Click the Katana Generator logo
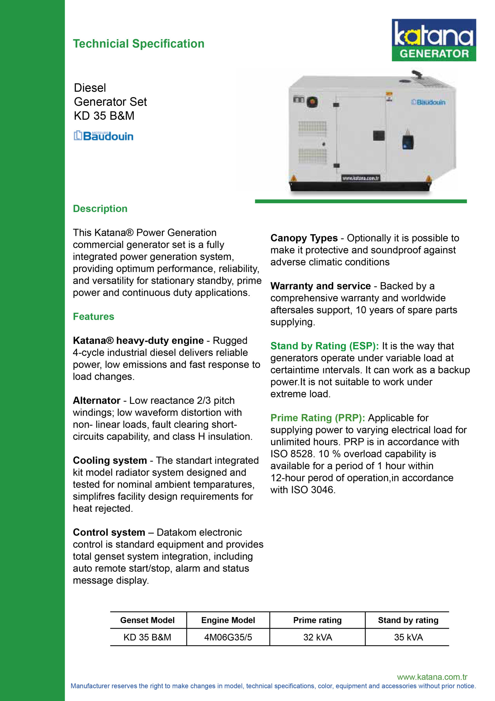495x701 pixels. click(433, 40)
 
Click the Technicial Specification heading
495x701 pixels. click(138, 44)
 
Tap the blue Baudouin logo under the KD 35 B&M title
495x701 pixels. click(104, 136)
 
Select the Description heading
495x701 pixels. click(100, 209)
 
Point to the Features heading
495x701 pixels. click(93, 316)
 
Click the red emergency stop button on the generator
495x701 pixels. click(312, 102)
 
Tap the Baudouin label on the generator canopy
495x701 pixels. click(428, 102)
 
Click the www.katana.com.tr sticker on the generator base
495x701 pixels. click(360, 178)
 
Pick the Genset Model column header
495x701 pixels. click(147, 620)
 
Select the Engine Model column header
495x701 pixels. click(228, 620)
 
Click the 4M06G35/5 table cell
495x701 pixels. click(228, 637)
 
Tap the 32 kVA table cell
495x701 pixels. click(318, 637)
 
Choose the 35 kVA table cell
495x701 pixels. click(408, 637)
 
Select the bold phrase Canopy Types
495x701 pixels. click(304, 238)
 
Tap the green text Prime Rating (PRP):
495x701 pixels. click(318, 418)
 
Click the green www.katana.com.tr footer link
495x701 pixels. click(432, 677)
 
